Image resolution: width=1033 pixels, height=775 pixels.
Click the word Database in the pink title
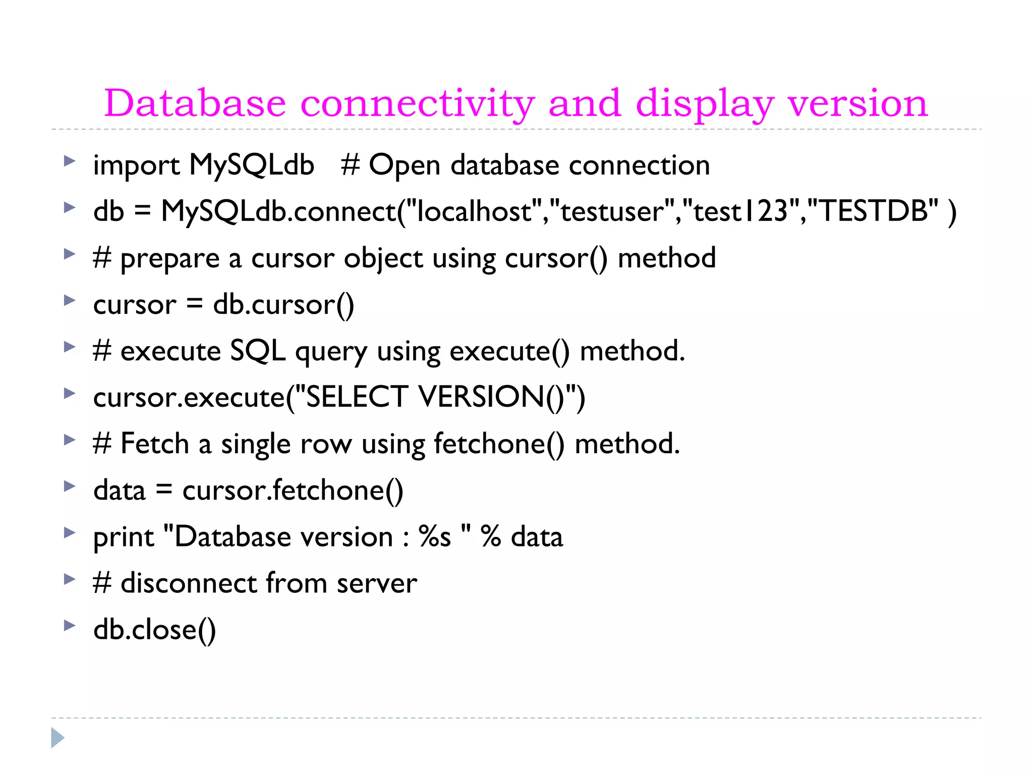click(x=195, y=103)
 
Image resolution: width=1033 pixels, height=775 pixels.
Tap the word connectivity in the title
click(x=417, y=103)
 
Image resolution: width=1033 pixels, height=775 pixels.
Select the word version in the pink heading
click(x=857, y=103)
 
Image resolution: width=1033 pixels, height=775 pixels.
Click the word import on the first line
click(x=136, y=165)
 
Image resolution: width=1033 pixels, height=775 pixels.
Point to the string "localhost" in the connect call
click(x=473, y=211)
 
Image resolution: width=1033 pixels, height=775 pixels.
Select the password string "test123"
click(x=740, y=211)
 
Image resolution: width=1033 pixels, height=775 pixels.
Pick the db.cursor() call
click(x=283, y=305)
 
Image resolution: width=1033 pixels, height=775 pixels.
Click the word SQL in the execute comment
click(x=257, y=351)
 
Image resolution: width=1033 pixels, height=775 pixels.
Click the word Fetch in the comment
click(x=154, y=444)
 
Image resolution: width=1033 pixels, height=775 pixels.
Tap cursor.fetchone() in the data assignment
click(x=293, y=490)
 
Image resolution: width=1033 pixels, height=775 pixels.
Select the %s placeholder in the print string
click(x=434, y=536)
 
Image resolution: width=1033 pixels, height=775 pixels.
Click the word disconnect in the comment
click(x=189, y=583)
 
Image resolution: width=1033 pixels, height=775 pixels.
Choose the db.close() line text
click(x=154, y=630)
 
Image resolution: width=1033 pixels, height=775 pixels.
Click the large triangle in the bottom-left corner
click(x=57, y=738)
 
